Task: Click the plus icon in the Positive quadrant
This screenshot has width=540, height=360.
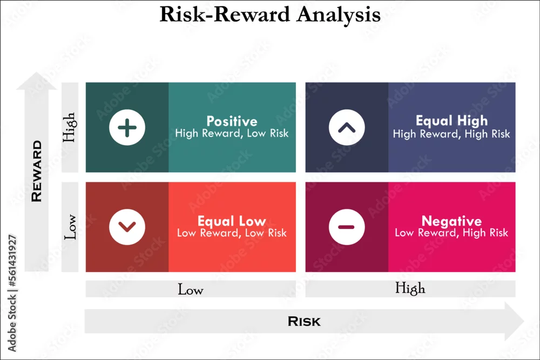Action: click(x=127, y=127)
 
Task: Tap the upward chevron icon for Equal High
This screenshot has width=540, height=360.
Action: click(x=347, y=127)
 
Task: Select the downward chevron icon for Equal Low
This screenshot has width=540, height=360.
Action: click(x=127, y=227)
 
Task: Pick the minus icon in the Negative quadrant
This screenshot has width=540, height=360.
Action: click(x=347, y=227)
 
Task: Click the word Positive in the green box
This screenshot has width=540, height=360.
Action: click(x=232, y=121)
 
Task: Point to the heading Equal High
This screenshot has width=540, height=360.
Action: click(x=451, y=121)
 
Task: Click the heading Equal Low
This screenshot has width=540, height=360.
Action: click(x=232, y=221)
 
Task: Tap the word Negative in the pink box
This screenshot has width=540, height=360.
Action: click(x=451, y=221)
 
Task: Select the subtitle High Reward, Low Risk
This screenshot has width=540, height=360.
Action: click(x=232, y=133)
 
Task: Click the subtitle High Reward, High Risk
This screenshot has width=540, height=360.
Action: click(x=451, y=133)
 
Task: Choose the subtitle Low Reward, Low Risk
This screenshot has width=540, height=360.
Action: click(x=232, y=233)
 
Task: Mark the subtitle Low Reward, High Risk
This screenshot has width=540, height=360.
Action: click(x=451, y=233)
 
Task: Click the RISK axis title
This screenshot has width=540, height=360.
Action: click(x=304, y=322)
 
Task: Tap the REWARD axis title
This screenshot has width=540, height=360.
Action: click(x=37, y=171)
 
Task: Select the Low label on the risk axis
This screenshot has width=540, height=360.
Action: click(x=191, y=289)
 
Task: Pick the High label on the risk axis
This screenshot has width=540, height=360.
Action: click(x=410, y=288)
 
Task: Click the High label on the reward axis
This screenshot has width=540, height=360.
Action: click(x=69, y=127)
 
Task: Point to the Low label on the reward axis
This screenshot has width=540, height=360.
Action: click(x=70, y=227)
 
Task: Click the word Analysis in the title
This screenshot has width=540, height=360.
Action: click(x=339, y=15)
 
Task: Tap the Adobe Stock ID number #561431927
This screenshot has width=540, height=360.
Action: click(x=12, y=261)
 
